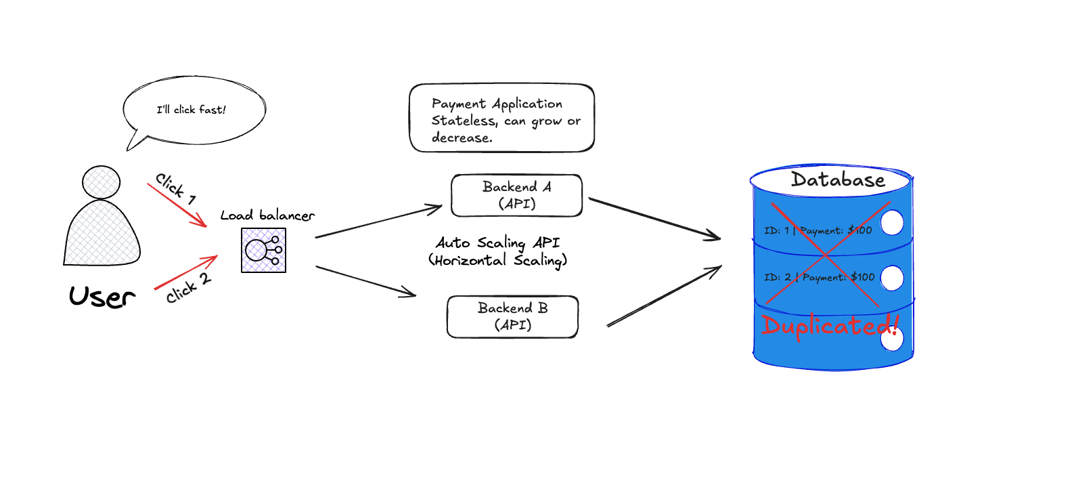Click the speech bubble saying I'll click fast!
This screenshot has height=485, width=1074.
tap(194, 110)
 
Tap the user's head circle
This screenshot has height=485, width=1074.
tap(101, 182)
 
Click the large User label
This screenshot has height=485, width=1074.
tap(102, 297)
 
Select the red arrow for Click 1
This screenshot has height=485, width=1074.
tap(177, 205)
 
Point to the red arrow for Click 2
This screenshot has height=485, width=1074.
tap(185, 272)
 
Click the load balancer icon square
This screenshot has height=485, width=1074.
tap(263, 251)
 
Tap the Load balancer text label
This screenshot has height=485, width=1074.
tap(267, 215)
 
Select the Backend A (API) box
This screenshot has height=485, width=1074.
tap(516, 196)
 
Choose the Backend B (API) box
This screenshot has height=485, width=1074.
tap(512, 316)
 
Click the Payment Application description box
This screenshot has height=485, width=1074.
tap(501, 119)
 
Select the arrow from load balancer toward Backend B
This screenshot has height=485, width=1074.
tap(366, 281)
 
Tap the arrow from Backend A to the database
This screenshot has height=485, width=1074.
tap(654, 218)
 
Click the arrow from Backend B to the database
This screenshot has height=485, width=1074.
tap(664, 296)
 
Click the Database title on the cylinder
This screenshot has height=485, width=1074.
tap(838, 180)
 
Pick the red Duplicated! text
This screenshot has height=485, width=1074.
tap(830, 326)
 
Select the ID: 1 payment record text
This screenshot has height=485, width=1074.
tap(818, 231)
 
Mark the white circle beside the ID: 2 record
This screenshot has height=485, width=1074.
tap(892, 278)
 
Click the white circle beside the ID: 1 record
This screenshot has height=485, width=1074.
tap(892, 222)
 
